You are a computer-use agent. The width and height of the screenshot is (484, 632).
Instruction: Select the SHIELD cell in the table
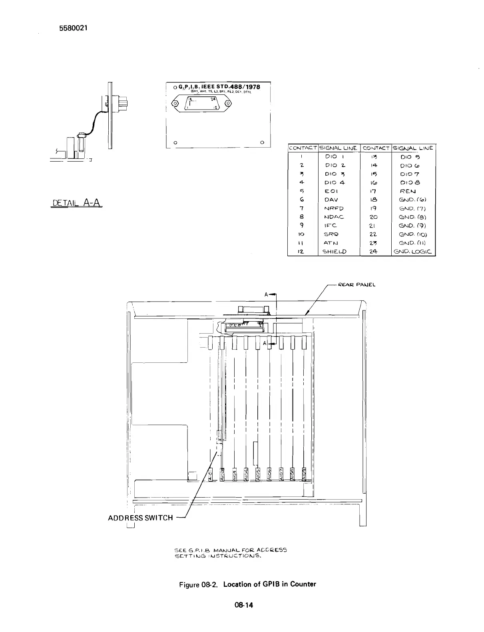(x=334, y=252)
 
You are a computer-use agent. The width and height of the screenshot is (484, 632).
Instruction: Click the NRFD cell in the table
(x=334, y=208)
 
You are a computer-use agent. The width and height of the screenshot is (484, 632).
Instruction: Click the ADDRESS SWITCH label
(x=140, y=518)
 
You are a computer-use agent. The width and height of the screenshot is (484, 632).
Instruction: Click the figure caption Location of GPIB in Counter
(x=269, y=584)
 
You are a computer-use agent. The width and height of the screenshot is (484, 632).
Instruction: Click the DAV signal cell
(x=332, y=200)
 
